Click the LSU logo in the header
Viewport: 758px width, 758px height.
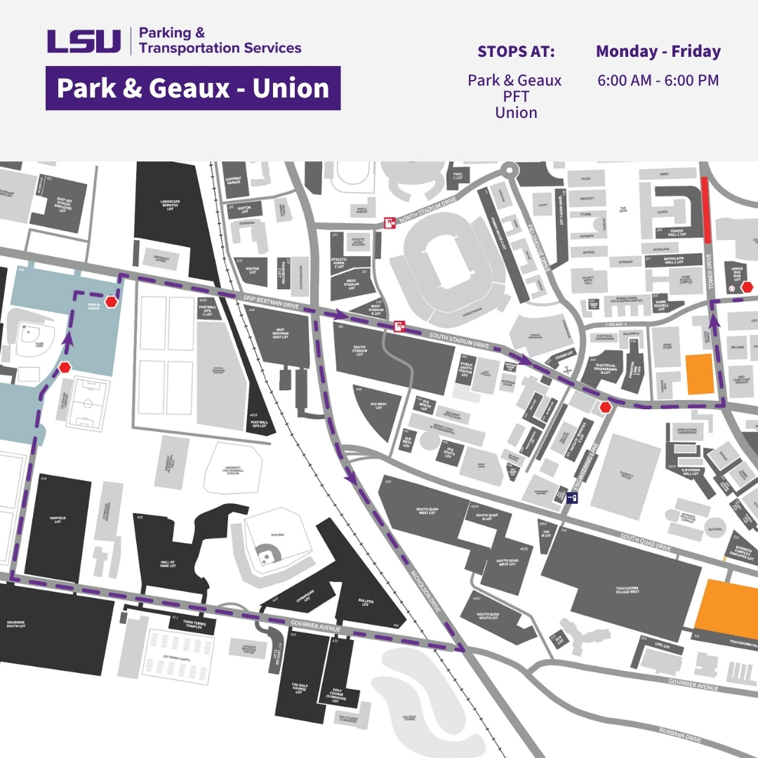click(84, 41)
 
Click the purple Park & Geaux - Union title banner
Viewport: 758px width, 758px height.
click(193, 88)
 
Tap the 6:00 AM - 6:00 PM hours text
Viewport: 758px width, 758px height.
click(658, 80)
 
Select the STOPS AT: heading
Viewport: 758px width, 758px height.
click(516, 52)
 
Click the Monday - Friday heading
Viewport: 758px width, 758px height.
click(658, 51)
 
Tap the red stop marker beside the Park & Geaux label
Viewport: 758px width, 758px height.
click(111, 302)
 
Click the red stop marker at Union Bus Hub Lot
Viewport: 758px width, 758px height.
click(747, 287)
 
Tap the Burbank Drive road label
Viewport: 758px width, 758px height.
click(680, 734)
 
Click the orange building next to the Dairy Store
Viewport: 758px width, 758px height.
click(698, 373)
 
